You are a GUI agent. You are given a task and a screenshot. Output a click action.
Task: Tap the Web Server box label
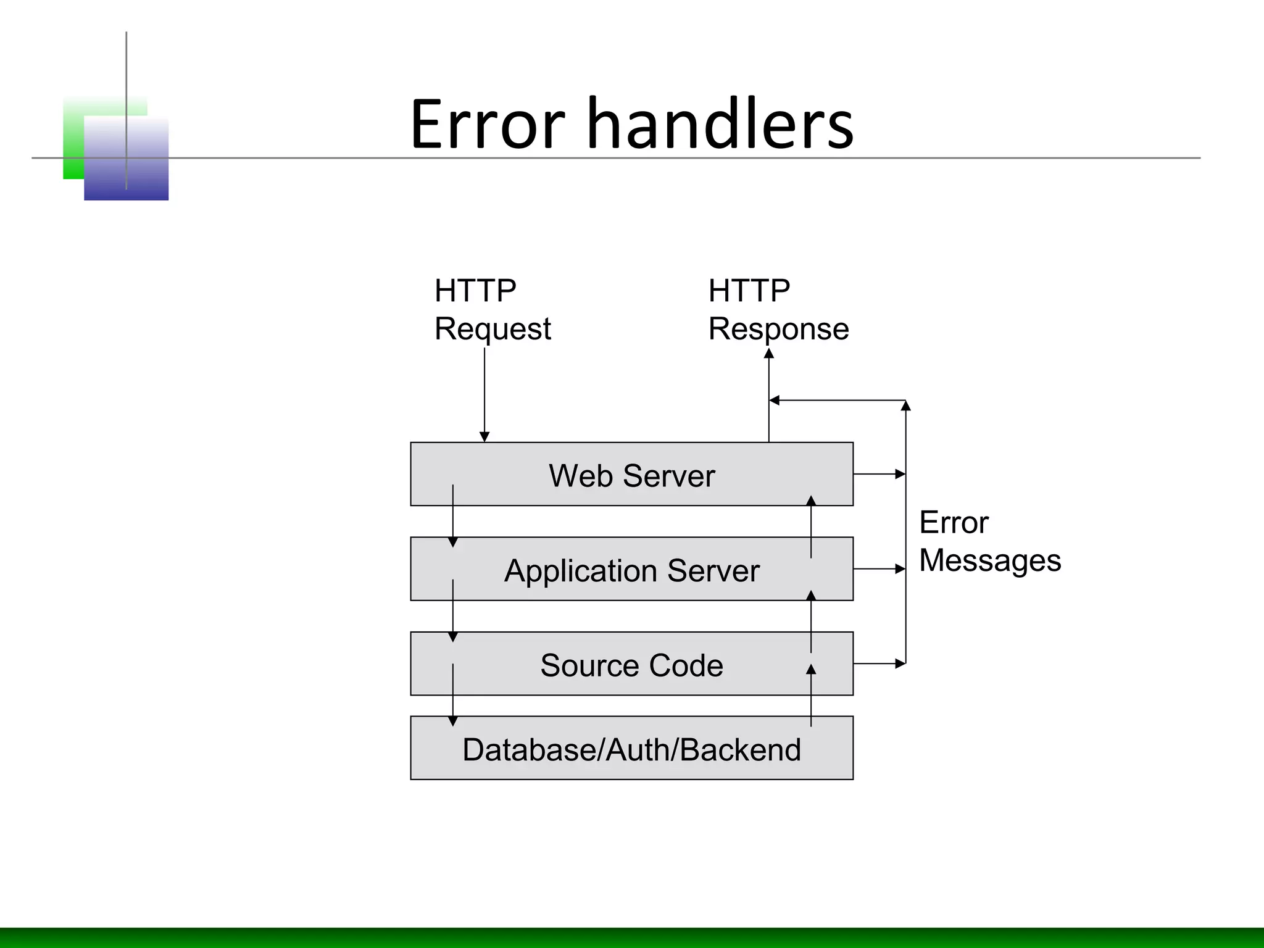631,476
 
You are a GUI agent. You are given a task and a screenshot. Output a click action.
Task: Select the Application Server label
631,571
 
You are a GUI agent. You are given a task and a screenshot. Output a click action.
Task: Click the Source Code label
631,665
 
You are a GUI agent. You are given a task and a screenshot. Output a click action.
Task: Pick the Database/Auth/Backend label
631,750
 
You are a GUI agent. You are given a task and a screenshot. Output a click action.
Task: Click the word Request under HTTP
493,329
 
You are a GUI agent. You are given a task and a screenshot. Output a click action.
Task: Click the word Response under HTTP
778,329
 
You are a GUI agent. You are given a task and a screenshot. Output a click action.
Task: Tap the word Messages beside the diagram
990,560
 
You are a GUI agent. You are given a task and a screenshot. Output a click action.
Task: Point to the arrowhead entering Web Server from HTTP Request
484,437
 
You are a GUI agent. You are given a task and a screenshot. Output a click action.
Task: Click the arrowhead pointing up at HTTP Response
769,354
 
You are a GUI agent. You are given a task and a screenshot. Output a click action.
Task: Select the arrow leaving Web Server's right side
879,474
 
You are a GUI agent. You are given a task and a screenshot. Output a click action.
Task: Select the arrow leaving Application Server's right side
879,569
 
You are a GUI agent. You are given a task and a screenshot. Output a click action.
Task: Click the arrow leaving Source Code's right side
879,663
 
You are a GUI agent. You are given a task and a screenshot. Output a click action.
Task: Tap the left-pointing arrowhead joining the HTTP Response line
775,401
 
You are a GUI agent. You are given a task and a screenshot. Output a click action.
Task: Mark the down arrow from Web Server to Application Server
453,518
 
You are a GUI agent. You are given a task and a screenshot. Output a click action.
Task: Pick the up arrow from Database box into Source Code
811,694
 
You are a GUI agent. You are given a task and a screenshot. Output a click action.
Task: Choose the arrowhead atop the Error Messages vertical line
906,405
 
